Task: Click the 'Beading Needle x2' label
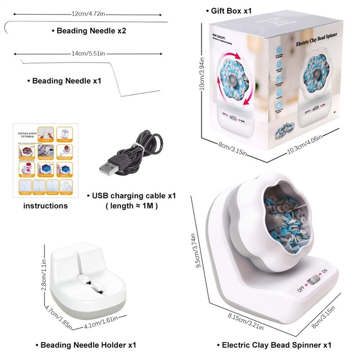(x=89, y=31)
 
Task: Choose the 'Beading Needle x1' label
(x=64, y=81)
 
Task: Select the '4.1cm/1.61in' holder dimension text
(x=101, y=323)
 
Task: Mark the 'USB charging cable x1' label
(x=131, y=196)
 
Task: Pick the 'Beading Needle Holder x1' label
(x=85, y=345)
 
